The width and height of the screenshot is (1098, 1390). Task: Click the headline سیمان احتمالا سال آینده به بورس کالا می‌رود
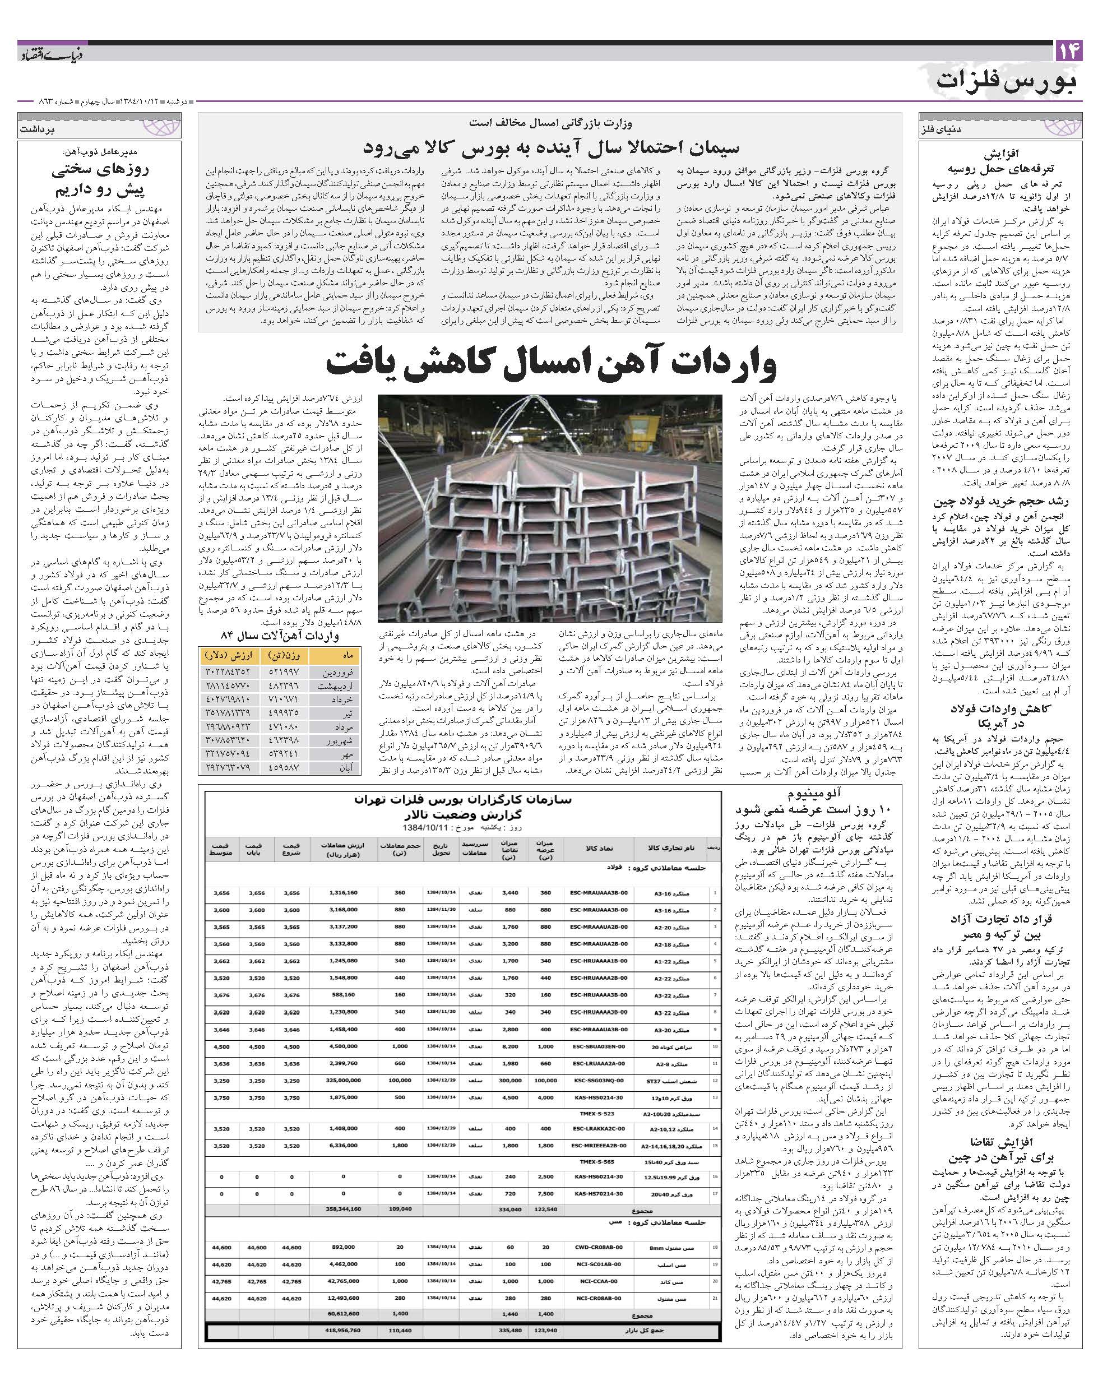pos(551,148)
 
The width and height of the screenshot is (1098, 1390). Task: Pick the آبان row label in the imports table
pos(345,768)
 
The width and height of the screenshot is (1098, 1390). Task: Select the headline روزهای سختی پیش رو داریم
pos(100,180)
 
